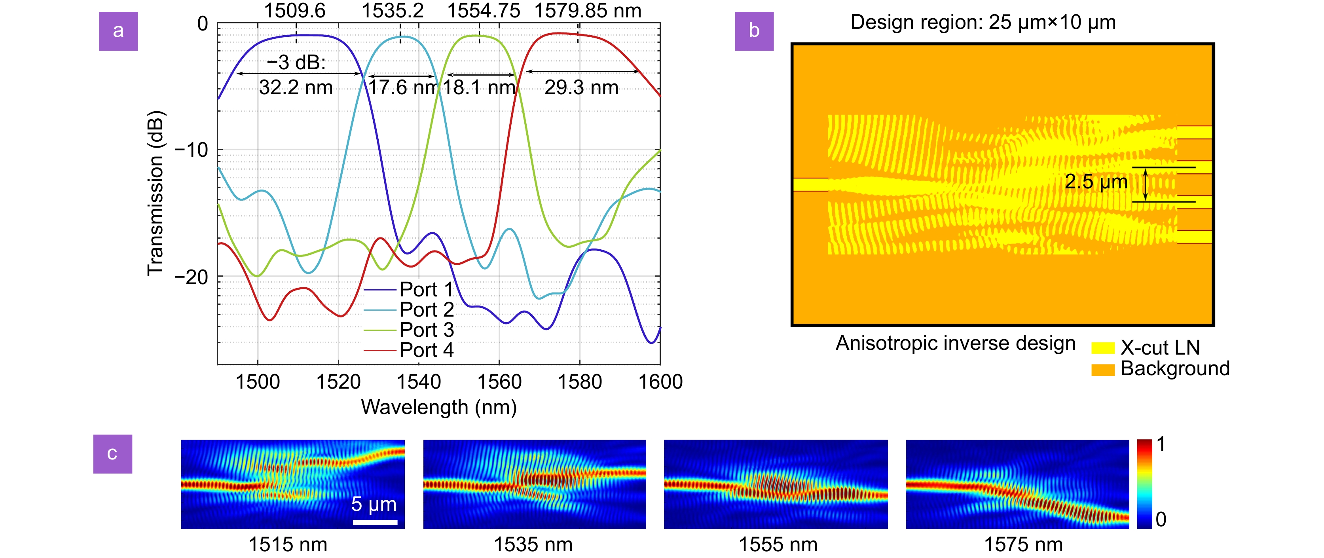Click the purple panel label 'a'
coord(118,31)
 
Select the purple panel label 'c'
coord(112,454)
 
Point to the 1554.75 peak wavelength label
coord(483,10)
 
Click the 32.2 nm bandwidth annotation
coord(296,87)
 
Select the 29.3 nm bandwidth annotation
coord(581,87)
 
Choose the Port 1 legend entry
coord(409,290)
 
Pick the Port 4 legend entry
coord(409,350)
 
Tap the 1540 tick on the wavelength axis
coord(419,382)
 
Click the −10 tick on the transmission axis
coord(191,150)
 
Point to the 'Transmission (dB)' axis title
coord(155,193)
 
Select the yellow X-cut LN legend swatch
coord(1102,348)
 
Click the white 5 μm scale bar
coord(375,522)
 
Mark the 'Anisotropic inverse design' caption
coord(955,343)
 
